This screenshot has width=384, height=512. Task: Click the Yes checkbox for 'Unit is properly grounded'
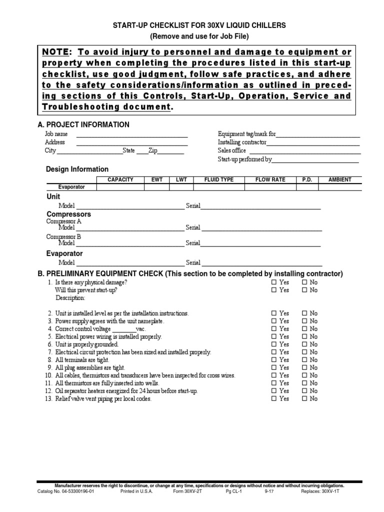pos(273,344)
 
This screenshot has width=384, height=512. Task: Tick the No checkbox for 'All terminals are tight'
pos(304,360)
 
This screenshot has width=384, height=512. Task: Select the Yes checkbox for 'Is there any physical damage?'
pos(273,282)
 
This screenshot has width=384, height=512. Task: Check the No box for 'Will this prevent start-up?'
pos(304,290)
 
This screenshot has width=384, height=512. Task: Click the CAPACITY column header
pos(120,179)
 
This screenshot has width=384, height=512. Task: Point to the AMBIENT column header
pos(339,179)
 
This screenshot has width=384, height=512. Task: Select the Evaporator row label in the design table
pos(71,187)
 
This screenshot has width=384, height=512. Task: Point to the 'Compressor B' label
pos(63,236)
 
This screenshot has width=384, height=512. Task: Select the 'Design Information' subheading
pos(77,169)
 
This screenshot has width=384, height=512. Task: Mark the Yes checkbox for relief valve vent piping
pos(273,399)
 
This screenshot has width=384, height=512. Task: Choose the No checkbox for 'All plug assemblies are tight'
pos(304,367)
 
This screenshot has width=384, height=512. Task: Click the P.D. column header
pos(306,179)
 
